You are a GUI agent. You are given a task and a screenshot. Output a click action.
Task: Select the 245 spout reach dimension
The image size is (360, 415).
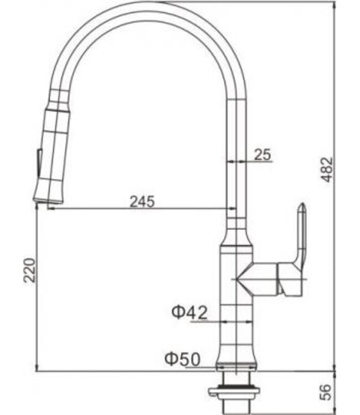pyautogui.click(x=142, y=201)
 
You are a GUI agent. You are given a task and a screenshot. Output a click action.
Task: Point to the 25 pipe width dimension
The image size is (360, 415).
pyautogui.click(x=263, y=155)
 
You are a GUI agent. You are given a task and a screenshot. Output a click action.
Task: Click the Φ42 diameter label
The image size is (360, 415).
pyautogui.click(x=189, y=313)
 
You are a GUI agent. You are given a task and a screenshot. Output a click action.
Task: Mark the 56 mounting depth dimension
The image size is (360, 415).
pyautogui.click(x=328, y=391)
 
